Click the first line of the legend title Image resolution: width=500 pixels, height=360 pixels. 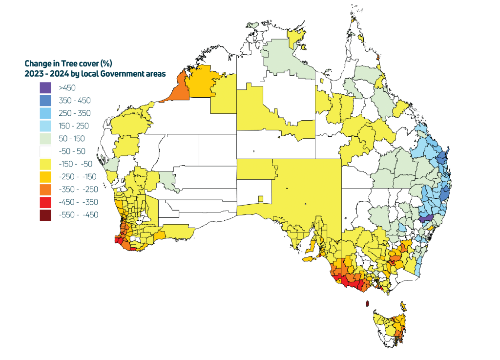pos(68,64)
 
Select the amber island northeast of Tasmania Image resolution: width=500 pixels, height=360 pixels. pos(403,306)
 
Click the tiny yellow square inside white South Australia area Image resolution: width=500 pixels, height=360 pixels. pos(261,199)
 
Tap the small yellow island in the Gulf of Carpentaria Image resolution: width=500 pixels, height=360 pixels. pos(322,81)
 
